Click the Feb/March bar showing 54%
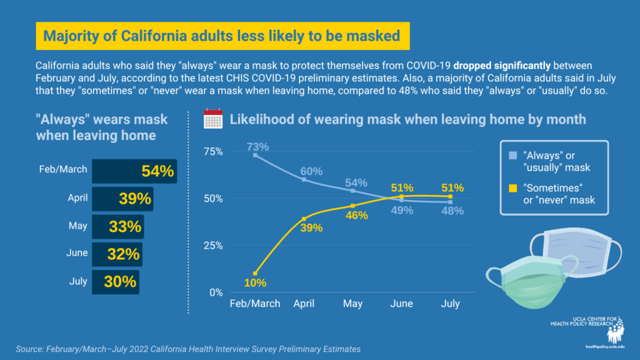pyautogui.click(x=134, y=171)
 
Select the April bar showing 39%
pyautogui.click(x=122, y=199)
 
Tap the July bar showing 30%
pyautogui.click(x=115, y=282)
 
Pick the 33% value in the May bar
pyautogui.click(x=125, y=227)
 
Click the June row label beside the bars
pyautogui.click(x=77, y=254)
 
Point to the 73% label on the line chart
pyautogui.click(x=257, y=147)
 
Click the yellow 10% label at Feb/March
pyautogui.click(x=256, y=283)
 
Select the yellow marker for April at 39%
pyautogui.click(x=304, y=219)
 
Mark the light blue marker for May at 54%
pyautogui.click(x=353, y=191)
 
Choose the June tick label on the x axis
pyautogui.click(x=401, y=304)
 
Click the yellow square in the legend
pyautogui.click(x=512, y=187)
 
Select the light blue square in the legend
pyautogui.click(x=512, y=156)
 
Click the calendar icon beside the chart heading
pyautogui.click(x=214, y=119)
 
